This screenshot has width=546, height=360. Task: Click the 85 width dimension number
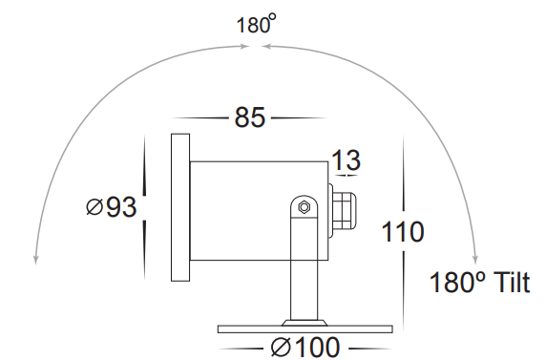250,117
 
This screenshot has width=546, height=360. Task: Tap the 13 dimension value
346,160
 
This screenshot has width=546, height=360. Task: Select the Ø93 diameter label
112,207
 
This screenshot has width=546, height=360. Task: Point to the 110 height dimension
403,231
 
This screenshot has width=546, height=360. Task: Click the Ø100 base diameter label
305,347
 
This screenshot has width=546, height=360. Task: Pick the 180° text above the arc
256,24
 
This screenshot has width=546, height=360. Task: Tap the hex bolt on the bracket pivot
304,207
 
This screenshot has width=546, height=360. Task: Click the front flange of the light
180,207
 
